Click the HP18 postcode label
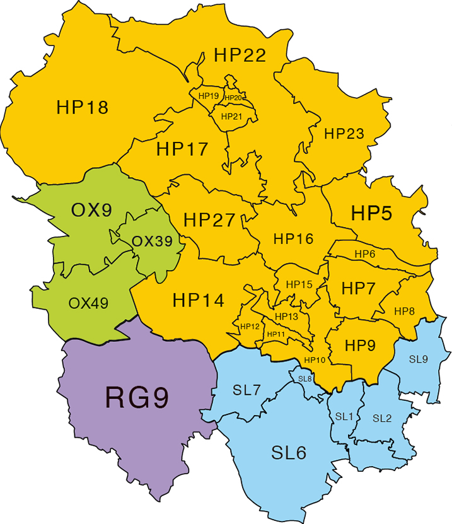pos(83,107)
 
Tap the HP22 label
pos(240,55)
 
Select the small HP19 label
pos(208,96)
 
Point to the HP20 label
pos(234,98)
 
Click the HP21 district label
pos(231,116)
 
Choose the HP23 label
pos(344,134)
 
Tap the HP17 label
pos(182,149)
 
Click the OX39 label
pos(152,242)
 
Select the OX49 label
pos(88,303)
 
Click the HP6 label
pos(365,253)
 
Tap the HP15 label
pos(299,285)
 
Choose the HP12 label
pos(250,327)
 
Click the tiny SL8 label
pos(305,378)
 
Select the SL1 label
pos(344,416)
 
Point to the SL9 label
pos(418,359)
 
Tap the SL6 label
pos(289,453)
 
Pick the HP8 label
pos(404,311)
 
